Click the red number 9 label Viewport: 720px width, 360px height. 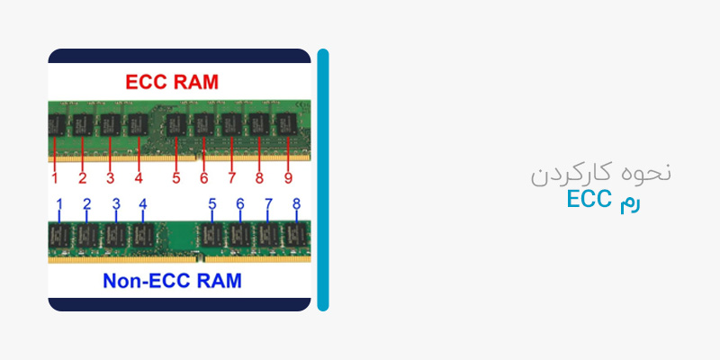point(288,177)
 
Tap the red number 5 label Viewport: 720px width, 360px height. point(176,177)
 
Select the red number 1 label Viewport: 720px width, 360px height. point(55,177)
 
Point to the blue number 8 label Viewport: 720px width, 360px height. point(297,203)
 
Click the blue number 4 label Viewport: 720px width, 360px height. point(143,203)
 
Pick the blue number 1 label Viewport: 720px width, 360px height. point(58,203)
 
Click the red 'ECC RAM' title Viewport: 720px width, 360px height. point(172,82)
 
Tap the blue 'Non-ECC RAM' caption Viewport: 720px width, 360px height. point(172,281)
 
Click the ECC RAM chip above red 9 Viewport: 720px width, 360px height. point(287,124)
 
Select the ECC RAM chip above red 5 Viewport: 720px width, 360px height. point(176,124)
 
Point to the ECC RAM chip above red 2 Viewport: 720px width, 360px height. point(83,124)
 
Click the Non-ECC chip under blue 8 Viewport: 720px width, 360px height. point(296,235)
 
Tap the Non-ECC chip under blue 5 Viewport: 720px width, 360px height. point(211,235)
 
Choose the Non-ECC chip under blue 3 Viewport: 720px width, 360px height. point(116,235)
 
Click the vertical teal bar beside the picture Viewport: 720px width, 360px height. point(323,180)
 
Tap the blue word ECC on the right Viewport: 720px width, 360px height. point(589,199)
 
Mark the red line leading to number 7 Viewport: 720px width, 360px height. point(231,154)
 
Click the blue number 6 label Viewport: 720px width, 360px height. point(240,203)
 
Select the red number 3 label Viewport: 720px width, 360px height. point(110,177)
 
